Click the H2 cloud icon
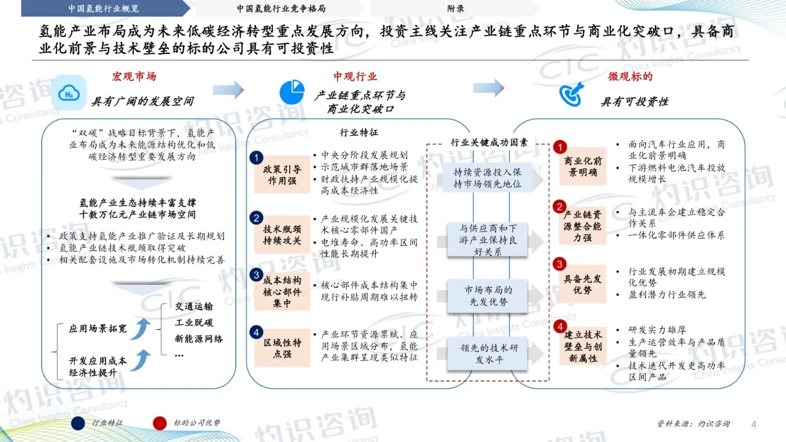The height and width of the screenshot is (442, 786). [68, 93]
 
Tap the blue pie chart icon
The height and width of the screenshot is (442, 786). [292, 91]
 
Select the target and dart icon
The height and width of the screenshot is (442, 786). [570, 93]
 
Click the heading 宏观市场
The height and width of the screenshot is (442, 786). [134, 77]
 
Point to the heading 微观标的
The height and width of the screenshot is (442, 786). [630, 77]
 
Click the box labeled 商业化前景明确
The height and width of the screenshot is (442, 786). [583, 166]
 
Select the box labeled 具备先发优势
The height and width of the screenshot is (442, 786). [583, 284]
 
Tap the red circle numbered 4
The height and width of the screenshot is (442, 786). [559, 326]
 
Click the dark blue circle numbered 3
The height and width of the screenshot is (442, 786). [257, 276]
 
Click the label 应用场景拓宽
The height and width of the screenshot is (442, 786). [98, 329]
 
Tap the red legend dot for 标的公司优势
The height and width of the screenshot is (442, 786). [161, 423]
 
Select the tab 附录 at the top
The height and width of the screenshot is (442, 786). [455, 9]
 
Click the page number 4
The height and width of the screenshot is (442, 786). [755, 424]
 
